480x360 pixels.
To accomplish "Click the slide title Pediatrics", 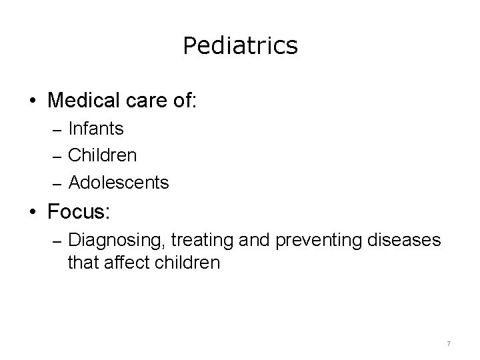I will coord(240,46).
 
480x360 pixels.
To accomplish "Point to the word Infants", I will coord(95,127).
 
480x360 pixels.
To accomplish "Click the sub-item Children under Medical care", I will coord(102,155).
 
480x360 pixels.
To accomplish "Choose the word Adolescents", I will coord(118,181).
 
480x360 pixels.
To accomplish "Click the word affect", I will coord(123,263).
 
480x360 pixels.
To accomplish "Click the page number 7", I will coord(449,343).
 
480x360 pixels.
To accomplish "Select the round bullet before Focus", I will coord(33,213).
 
